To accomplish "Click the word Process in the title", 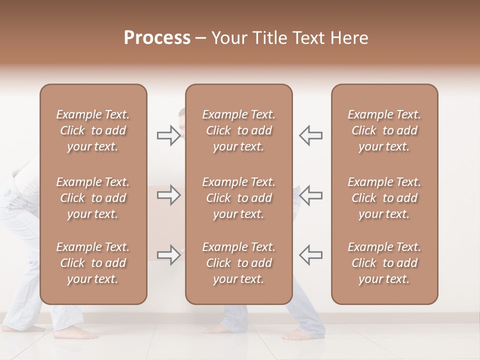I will pyautogui.click(x=157, y=37).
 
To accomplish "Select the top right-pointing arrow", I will pyautogui.click(x=169, y=135).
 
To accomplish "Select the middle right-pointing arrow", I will pyautogui.click(x=169, y=195).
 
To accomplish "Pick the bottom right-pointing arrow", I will pyautogui.click(x=169, y=255).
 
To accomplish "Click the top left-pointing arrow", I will pyautogui.click(x=310, y=135).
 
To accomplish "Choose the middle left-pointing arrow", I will pyautogui.click(x=310, y=195).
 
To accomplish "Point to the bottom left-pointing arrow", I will pyautogui.click(x=310, y=255).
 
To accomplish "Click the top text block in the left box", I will pyautogui.click(x=93, y=130).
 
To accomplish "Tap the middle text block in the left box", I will pyautogui.click(x=93, y=198).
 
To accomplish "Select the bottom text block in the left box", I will pyautogui.click(x=93, y=263).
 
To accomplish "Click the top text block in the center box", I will pyautogui.click(x=238, y=130).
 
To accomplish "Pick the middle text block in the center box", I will pyautogui.click(x=238, y=198).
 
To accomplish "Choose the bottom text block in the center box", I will pyautogui.click(x=238, y=263).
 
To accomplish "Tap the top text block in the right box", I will pyautogui.click(x=384, y=130).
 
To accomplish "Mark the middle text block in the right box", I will pyautogui.click(x=384, y=198).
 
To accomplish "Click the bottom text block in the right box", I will pyautogui.click(x=384, y=263).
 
